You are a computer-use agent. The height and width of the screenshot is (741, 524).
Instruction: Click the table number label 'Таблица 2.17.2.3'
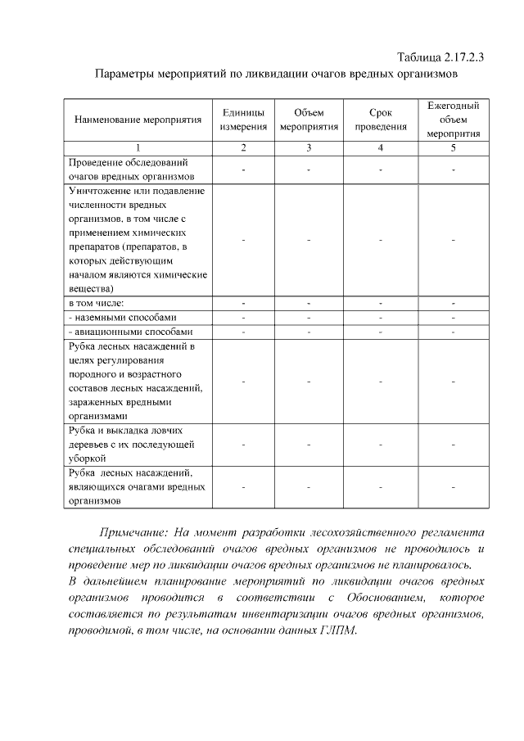pyautogui.click(x=440, y=57)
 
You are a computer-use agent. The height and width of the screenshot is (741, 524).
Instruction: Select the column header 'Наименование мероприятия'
pyautogui.click(x=138, y=120)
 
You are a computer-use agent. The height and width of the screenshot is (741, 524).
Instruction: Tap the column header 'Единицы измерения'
pyautogui.click(x=243, y=120)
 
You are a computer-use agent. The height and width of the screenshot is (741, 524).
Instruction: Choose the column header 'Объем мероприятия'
pyautogui.click(x=309, y=120)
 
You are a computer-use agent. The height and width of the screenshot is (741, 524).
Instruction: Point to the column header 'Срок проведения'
pyautogui.click(x=381, y=120)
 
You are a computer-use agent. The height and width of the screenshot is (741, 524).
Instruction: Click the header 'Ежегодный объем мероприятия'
pyautogui.click(x=453, y=120)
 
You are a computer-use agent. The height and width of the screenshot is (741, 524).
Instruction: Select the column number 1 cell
pyautogui.click(x=138, y=147)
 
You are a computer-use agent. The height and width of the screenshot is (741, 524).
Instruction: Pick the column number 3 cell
pyautogui.click(x=309, y=147)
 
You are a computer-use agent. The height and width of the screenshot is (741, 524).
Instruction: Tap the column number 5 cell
pyautogui.click(x=453, y=147)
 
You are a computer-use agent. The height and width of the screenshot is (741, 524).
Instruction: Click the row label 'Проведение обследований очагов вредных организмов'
pyautogui.click(x=132, y=169)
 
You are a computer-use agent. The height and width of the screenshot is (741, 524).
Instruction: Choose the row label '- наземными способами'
pyautogui.click(x=122, y=317)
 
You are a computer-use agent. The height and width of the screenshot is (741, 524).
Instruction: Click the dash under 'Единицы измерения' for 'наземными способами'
pyautogui.click(x=243, y=318)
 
